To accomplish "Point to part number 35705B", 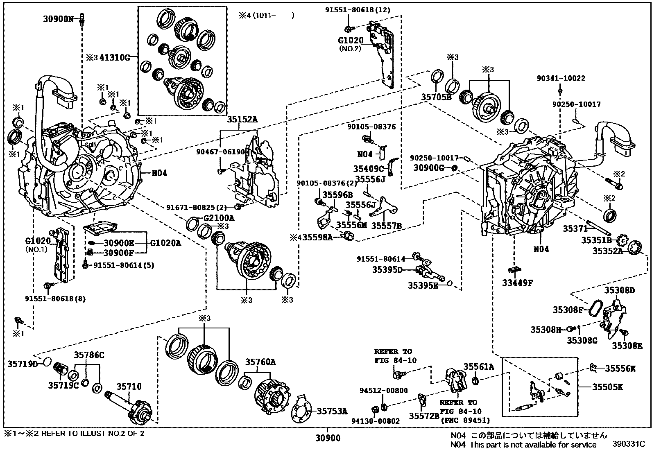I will (437, 97).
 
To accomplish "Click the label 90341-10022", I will (561, 78).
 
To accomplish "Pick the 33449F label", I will (517, 282).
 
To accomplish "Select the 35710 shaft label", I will (129, 386).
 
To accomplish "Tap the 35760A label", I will (260, 362).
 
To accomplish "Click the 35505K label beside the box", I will (607, 387).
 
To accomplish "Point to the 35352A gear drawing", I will (636, 248).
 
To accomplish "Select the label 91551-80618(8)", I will (55, 298).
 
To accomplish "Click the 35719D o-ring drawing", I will (47, 362).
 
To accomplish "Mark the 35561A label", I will (479, 367).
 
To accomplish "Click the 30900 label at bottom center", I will (328, 439).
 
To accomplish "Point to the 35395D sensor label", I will (387, 269).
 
